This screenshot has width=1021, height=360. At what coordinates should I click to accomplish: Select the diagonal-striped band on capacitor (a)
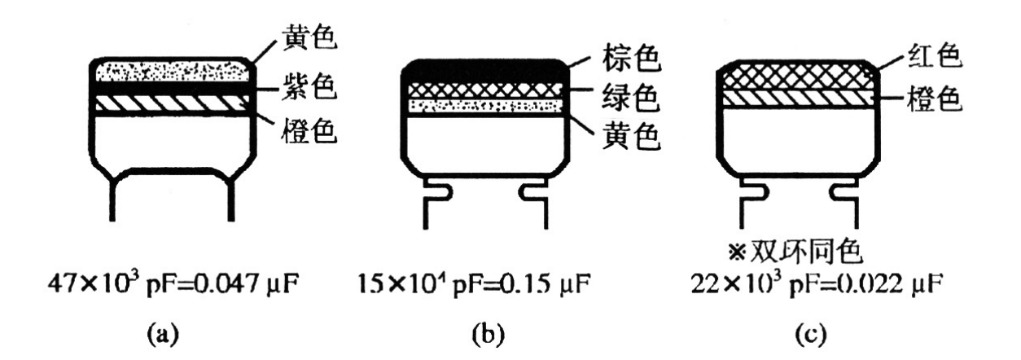tap(172, 104)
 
